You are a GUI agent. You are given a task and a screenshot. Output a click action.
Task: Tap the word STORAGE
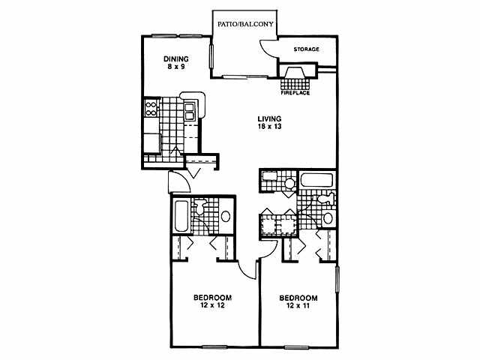(306, 49)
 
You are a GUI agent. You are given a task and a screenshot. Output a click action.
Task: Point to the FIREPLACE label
(295, 92)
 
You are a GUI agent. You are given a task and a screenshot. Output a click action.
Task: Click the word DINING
(177, 58)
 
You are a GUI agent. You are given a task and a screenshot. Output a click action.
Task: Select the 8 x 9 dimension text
(177, 67)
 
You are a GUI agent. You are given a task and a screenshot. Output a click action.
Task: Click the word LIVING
(269, 118)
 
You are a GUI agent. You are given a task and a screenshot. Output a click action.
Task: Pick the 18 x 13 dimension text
(269, 127)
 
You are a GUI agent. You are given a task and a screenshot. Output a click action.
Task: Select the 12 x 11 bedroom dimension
(298, 305)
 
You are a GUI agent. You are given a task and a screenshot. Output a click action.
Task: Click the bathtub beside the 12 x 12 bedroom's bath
(181, 217)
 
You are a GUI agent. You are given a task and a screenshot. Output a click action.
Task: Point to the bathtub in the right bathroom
(316, 181)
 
